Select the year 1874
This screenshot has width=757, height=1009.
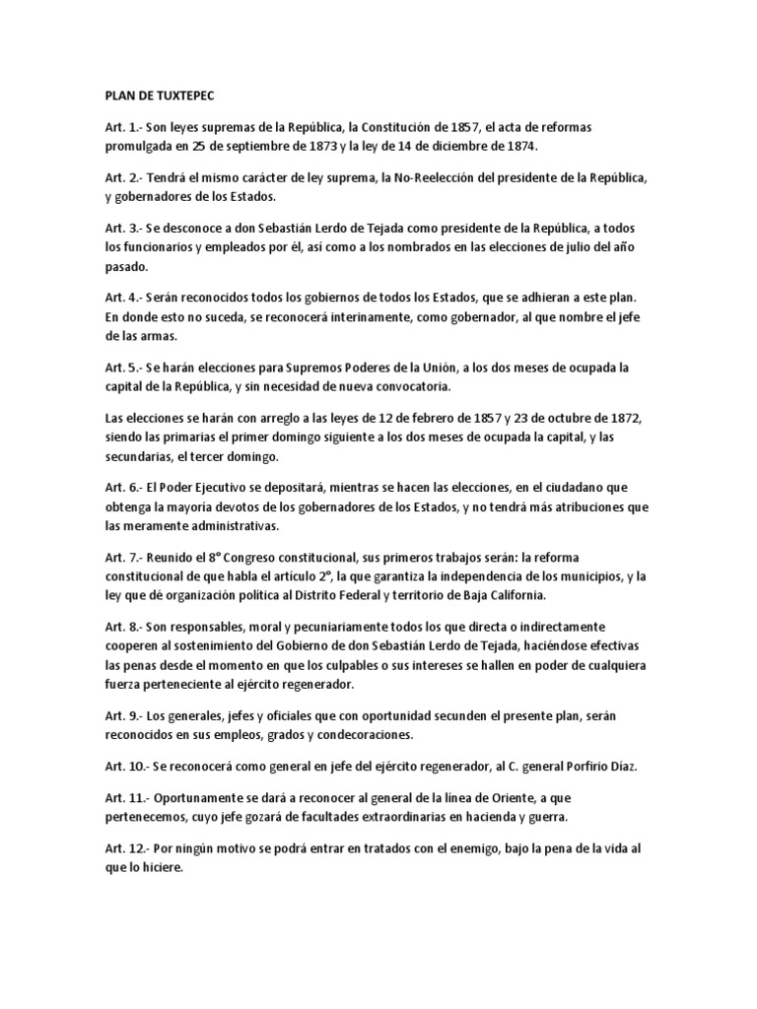coord(518,147)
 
